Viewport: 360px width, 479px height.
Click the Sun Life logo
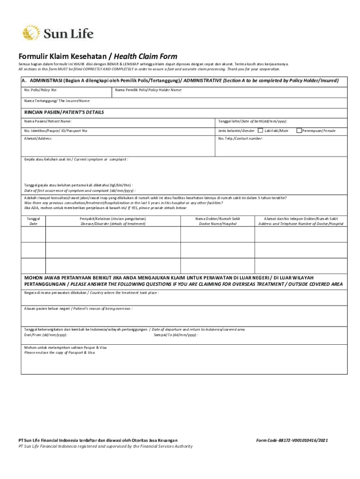pyautogui.click(x=58, y=33)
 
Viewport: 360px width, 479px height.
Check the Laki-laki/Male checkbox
pyautogui.click(x=260, y=131)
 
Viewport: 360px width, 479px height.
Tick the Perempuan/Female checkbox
pyautogui.click(x=299, y=131)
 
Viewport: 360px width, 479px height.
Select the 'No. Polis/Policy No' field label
pyautogui.click(x=41, y=90)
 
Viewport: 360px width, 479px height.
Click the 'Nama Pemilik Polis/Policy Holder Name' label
pyautogui.click(x=148, y=90)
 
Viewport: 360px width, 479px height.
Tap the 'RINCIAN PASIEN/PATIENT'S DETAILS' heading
pyautogui.click(x=64, y=112)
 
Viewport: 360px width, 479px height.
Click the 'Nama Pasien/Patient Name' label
pyautogui.click(x=48, y=121)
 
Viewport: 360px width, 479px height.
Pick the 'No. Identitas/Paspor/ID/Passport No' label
pyautogui.click(x=56, y=131)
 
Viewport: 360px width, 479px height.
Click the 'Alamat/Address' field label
pyautogui.click(x=38, y=139)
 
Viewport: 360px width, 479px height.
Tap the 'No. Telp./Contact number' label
pyautogui.click(x=240, y=139)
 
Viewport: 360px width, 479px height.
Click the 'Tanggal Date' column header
pyautogui.click(x=33, y=221)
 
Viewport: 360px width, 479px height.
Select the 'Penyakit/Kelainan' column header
pyautogui.click(x=113, y=221)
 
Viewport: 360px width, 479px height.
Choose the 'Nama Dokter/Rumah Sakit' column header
pyautogui.click(x=217, y=221)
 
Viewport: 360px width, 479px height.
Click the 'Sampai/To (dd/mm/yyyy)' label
pyautogui.click(x=176, y=335)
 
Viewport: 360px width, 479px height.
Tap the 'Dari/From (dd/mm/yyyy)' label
pyautogui.click(x=45, y=335)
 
